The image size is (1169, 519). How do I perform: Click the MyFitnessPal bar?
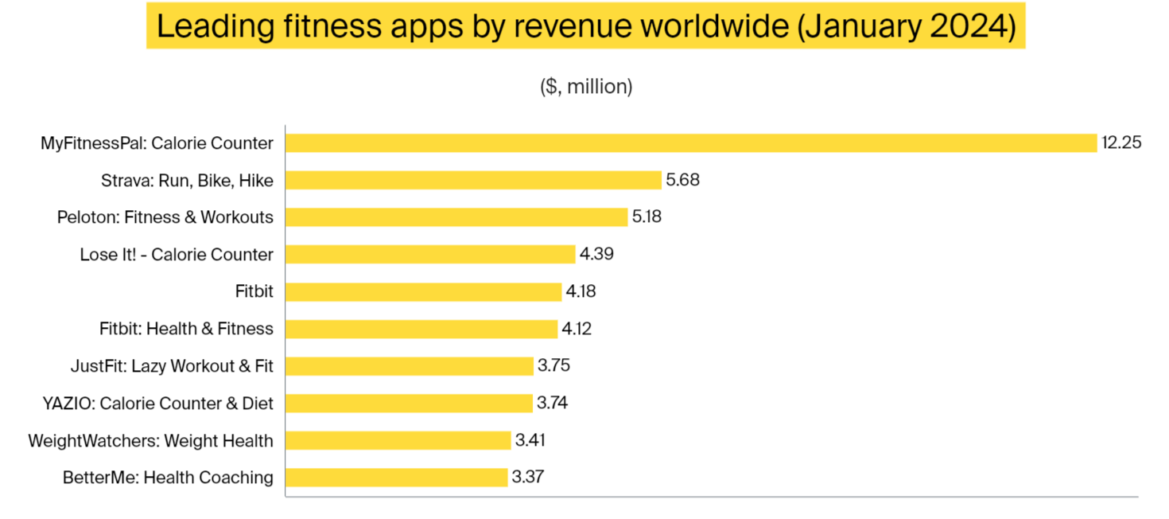pos(690,143)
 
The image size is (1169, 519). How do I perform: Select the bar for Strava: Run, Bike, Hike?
pos(473,181)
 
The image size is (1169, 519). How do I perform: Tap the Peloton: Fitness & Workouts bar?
pos(456,217)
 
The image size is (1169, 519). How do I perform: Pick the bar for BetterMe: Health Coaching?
pos(396,478)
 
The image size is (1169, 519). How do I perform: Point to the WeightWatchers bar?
pos(398,440)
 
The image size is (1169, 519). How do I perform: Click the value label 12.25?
pos(1121,143)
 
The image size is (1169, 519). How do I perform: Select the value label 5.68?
pos(682,181)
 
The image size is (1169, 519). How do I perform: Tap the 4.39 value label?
pos(596,255)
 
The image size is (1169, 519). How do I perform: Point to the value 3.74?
pos(553,403)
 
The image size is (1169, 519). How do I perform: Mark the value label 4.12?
pos(577,329)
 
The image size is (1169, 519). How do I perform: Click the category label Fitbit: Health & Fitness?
pos(186,329)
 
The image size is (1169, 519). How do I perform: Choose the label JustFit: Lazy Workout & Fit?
pos(172,366)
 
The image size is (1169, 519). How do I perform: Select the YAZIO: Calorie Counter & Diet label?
pos(157,403)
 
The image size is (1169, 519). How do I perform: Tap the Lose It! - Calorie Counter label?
pos(177,255)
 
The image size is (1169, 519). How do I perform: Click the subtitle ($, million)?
pos(586,87)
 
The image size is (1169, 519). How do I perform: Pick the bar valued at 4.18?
pos(423,291)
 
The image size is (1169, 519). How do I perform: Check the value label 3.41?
pos(530,440)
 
